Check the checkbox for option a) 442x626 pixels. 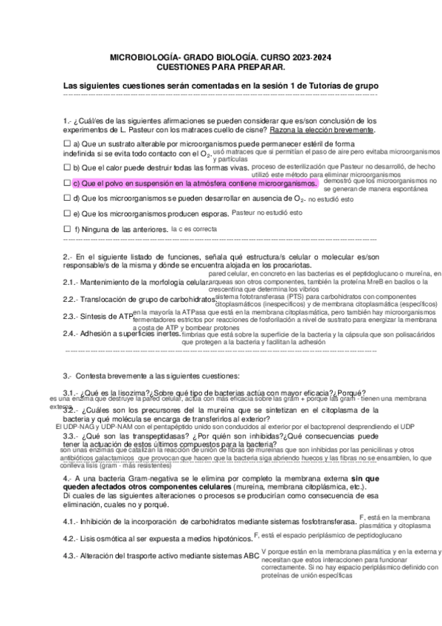[67, 143]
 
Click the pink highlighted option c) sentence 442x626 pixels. [195, 182]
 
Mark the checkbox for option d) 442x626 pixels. [67, 199]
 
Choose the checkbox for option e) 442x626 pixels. [67, 213]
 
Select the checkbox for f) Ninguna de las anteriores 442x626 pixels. [67, 229]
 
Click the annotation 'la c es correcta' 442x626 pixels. [194, 229]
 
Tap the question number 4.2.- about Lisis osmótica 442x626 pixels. [72, 538]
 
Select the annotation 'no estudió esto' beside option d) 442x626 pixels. [331, 199]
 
